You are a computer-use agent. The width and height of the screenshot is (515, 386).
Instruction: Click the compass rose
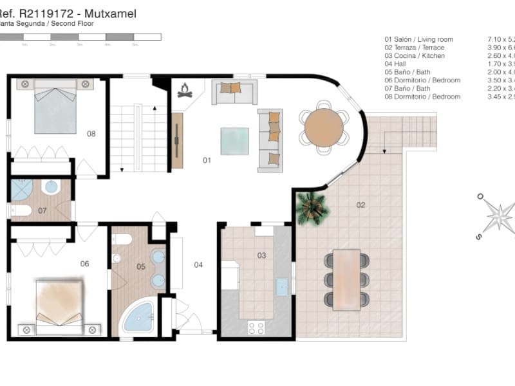pyautogui.click(x=498, y=216)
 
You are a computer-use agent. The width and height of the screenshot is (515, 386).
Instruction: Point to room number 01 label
pyautogui.click(x=207, y=160)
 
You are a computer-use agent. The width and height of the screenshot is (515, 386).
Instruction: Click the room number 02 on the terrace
pyautogui.click(x=360, y=205)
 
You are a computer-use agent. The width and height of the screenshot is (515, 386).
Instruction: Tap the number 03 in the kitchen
pyautogui.click(x=261, y=255)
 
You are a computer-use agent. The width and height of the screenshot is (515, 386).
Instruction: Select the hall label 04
pyautogui.click(x=198, y=264)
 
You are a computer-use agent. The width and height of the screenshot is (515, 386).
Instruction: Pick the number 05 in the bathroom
pyautogui.click(x=141, y=266)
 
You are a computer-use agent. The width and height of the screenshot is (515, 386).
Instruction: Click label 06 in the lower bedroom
pyautogui.click(x=84, y=263)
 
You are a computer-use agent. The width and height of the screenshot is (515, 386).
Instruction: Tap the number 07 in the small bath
pyautogui.click(x=42, y=210)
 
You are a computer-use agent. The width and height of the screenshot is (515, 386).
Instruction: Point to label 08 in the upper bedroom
pyautogui.click(x=91, y=134)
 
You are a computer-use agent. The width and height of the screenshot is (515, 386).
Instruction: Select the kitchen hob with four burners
pyautogui.click(x=256, y=327)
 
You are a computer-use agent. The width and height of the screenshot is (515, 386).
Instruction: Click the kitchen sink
pyautogui.click(x=282, y=287)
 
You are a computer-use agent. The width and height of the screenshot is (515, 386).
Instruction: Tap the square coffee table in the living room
pyautogui.click(x=234, y=141)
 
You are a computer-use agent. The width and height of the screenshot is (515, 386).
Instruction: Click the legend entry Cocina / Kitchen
pyautogui.click(x=419, y=56)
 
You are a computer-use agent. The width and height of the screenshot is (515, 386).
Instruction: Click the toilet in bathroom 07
pyautogui.click(x=21, y=210)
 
